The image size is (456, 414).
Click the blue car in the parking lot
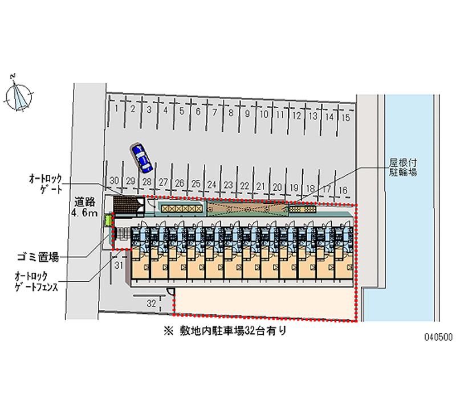point(141,158)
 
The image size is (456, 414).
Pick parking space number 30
point(115,181)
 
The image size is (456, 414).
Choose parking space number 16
point(343,190)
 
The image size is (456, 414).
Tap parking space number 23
point(229,185)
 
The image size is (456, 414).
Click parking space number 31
point(119,265)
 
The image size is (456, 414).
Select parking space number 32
point(151,304)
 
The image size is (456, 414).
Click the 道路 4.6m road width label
point(84,207)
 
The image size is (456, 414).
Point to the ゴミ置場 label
point(38,257)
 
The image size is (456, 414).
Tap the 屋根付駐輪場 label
point(403,167)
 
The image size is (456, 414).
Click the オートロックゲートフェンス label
point(36,282)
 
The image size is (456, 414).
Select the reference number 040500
point(438,337)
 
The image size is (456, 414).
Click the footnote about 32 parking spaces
point(225,331)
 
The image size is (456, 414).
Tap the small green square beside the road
point(108,220)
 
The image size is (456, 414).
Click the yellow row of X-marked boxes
point(181,208)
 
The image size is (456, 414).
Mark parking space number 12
point(296,116)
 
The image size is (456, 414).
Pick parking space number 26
point(180,183)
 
